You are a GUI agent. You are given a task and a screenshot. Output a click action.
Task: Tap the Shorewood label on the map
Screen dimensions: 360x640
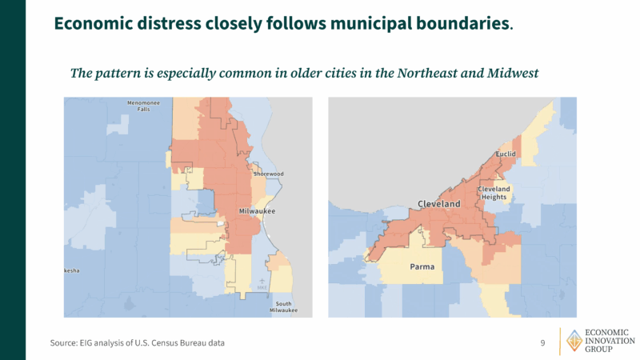click(269, 174)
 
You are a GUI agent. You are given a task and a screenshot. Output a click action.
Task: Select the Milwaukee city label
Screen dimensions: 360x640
click(257, 211)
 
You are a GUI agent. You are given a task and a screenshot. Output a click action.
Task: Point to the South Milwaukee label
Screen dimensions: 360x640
click(284, 306)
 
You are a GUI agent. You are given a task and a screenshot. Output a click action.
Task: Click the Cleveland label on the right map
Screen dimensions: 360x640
click(439, 205)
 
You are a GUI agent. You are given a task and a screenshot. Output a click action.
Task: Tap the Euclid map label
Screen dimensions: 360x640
click(506, 154)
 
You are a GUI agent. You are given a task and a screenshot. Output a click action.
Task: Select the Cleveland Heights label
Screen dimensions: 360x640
click(494, 193)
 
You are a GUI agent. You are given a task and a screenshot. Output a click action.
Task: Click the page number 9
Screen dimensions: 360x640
click(542, 343)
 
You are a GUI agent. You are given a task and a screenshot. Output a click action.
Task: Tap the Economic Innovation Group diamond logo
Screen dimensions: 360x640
click(574, 341)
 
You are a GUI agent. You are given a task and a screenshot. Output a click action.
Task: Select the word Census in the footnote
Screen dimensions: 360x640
click(175, 343)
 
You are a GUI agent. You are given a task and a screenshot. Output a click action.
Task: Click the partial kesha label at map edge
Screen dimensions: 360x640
click(72, 271)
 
